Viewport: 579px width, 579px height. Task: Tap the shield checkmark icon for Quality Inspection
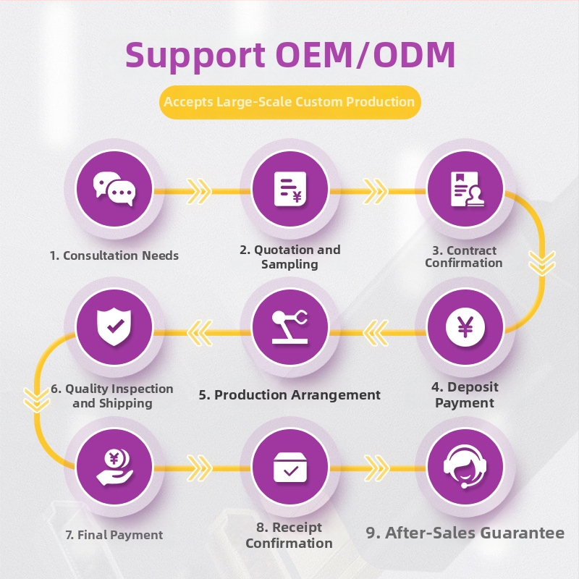pos(114,328)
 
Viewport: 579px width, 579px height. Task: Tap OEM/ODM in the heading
pos(367,55)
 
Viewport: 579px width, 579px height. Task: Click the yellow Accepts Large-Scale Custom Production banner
pos(289,102)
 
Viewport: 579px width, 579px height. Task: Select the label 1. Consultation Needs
pos(114,255)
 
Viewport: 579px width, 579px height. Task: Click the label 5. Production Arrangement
pos(289,395)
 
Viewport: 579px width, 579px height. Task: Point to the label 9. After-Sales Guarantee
pos(465,533)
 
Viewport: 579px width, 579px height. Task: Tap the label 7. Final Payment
pos(114,536)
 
